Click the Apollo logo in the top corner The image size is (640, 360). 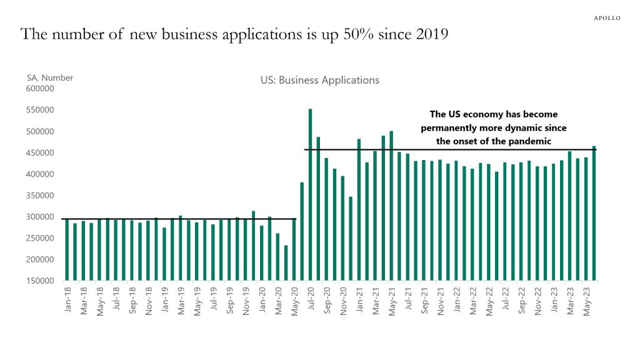click(606, 18)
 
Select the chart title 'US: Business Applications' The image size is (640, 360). click(319, 81)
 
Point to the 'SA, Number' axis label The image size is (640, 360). click(50, 78)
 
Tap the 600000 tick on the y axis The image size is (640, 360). click(41, 89)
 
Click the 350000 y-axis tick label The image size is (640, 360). click(41, 196)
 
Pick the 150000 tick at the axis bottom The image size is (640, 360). click(41, 281)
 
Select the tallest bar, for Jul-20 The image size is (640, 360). click(310, 194)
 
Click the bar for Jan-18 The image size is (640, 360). click(67, 249)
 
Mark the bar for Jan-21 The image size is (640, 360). click(359, 209)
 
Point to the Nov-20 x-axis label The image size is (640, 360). click(343, 301)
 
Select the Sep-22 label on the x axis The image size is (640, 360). click(521, 301)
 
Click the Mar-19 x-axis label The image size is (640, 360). click(181, 301)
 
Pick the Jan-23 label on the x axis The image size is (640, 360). click(554, 301)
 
